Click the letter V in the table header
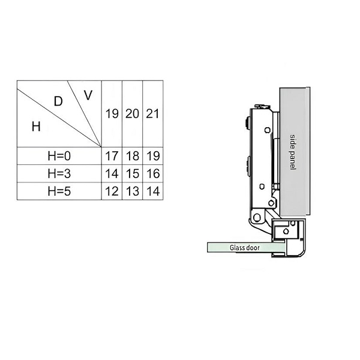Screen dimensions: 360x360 pos(88,95)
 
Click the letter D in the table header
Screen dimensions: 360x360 pos(58,101)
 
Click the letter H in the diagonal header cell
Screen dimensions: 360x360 pos(36,127)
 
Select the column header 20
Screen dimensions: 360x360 pos(132,113)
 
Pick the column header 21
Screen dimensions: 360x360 pos(152,113)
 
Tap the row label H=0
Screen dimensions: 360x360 pos(59,156)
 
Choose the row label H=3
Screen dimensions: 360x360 pos(59,173)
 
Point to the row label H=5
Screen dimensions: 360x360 pos(59,191)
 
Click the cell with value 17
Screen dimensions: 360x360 pos(112,156)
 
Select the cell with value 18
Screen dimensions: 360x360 pos(133,156)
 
